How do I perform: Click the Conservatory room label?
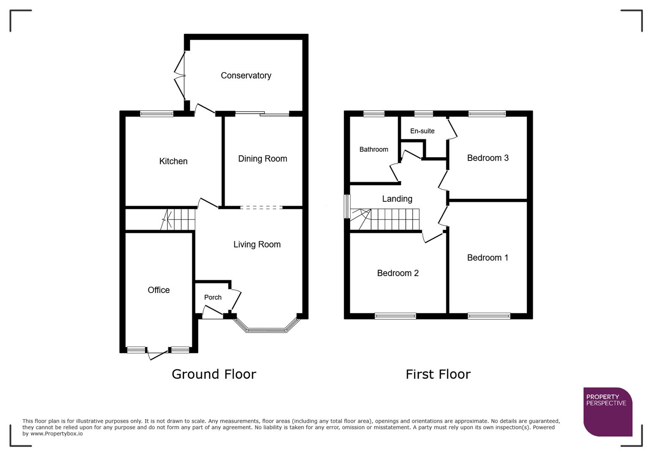tap(246, 76)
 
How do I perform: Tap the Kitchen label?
tap(173, 161)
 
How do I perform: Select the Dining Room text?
tap(262, 159)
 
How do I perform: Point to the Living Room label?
tap(257, 244)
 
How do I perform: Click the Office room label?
tap(159, 290)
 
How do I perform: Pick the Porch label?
tap(213, 297)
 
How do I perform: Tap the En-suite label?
tap(422, 131)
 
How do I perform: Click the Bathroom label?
tap(374, 149)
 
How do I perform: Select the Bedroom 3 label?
tap(488, 158)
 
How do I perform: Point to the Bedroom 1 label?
tap(488, 258)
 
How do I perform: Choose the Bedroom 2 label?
tap(398, 273)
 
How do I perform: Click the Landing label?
tap(397, 199)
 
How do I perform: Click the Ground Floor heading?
tap(214, 374)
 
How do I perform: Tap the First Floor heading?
tap(438, 374)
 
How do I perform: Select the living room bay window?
tap(266, 330)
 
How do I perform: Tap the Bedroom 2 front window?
tap(395, 316)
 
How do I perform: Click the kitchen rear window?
tap(157, 114)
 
